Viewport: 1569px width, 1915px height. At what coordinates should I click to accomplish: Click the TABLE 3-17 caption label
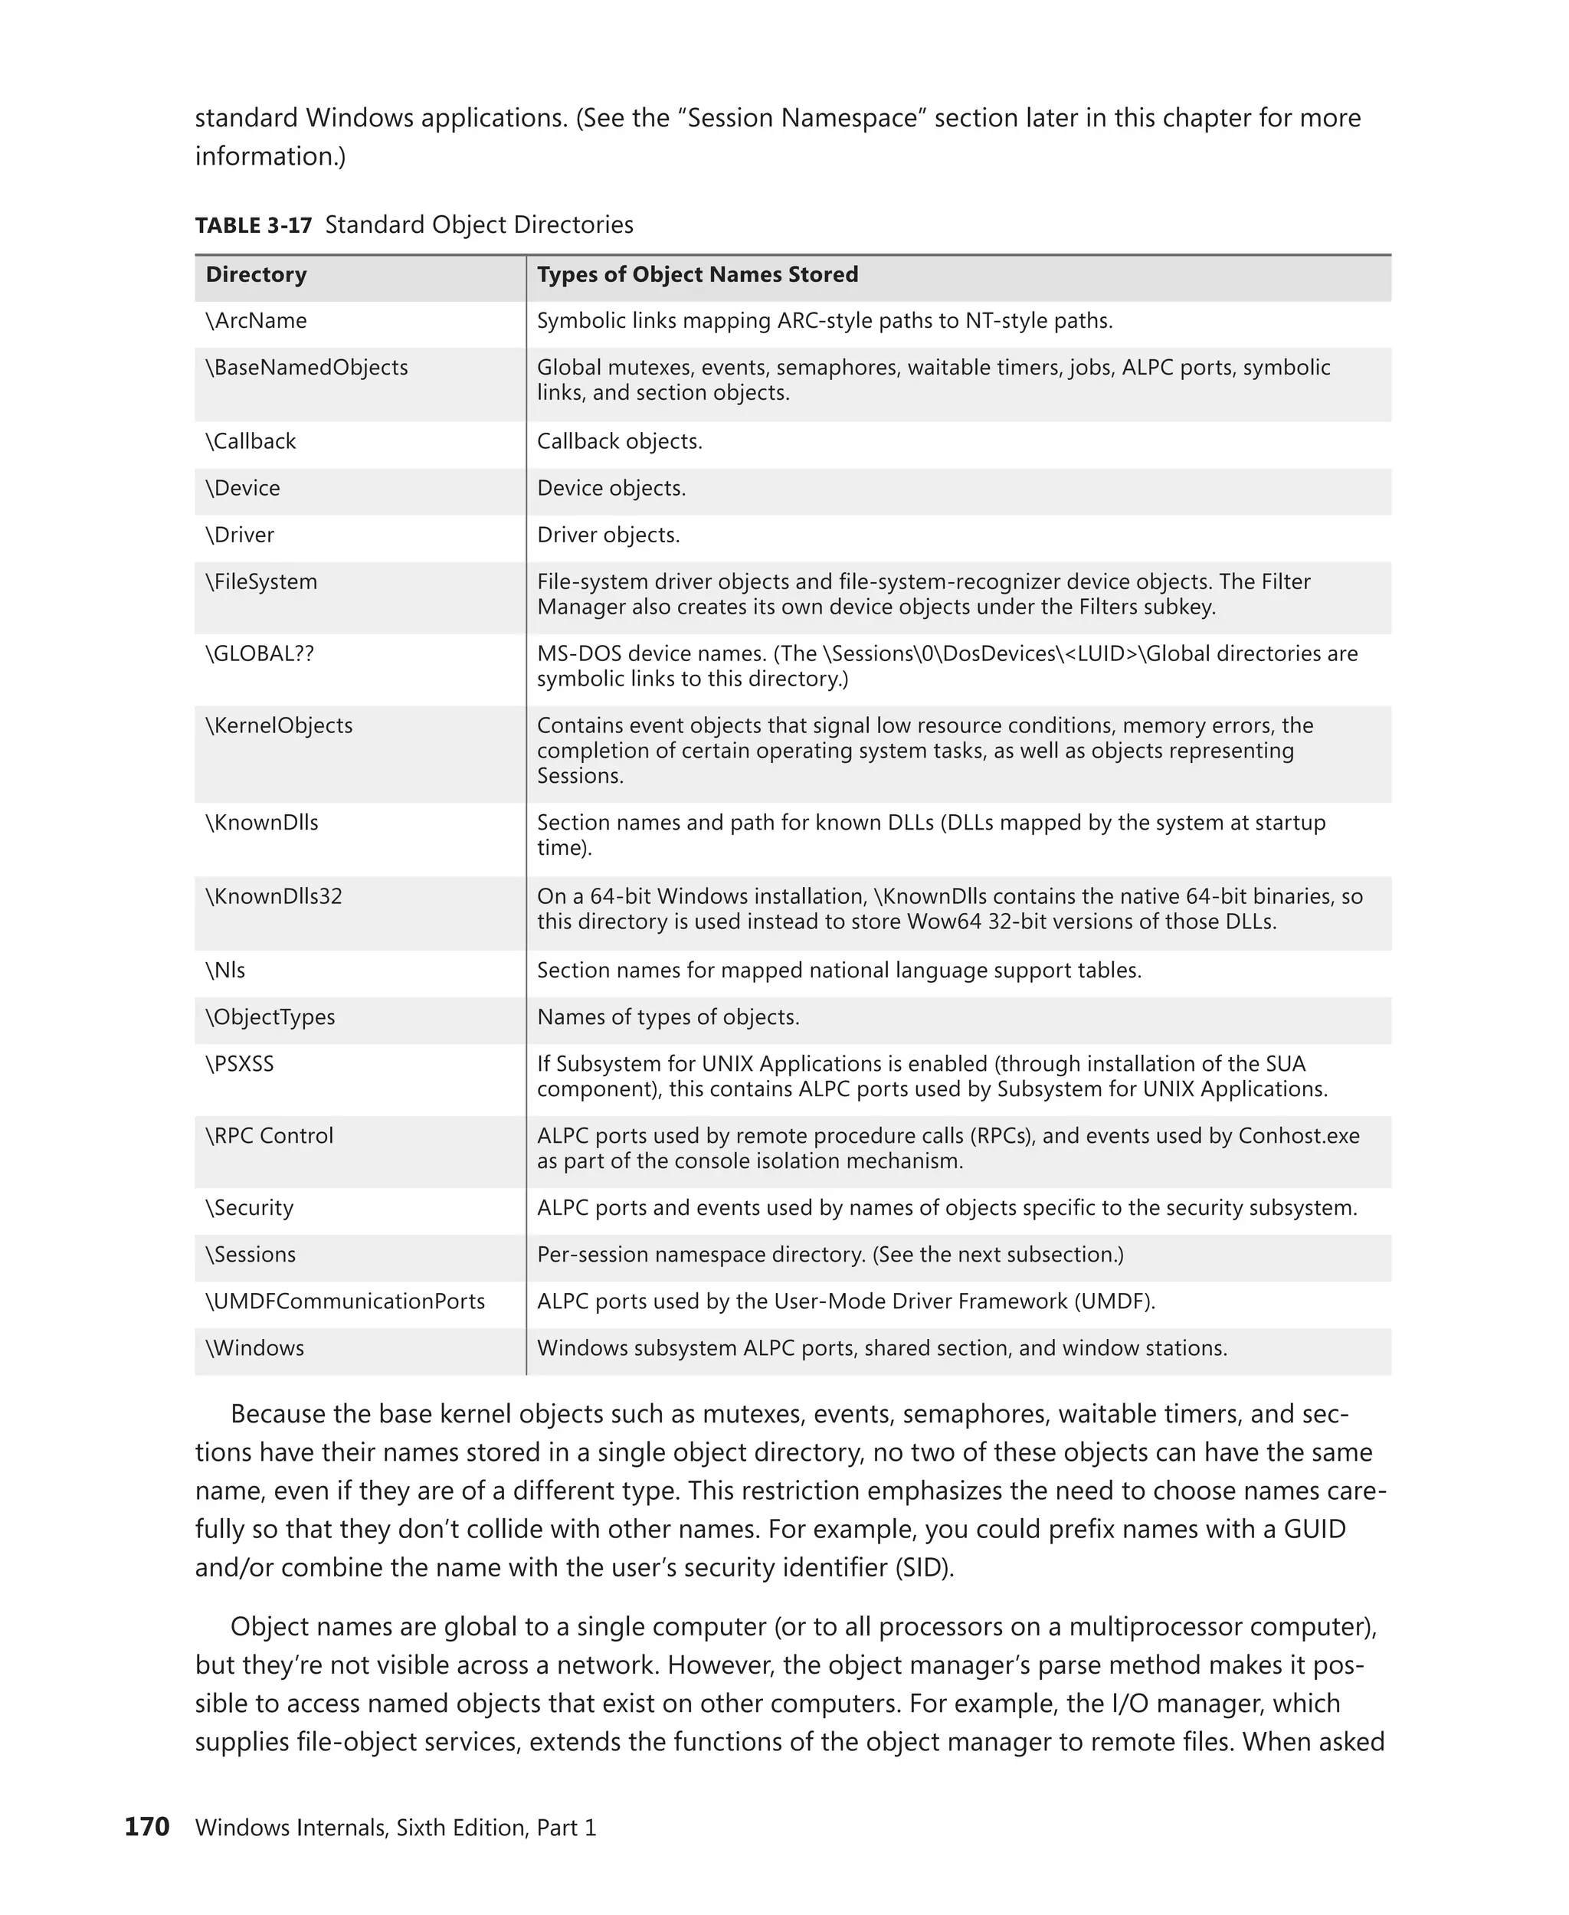[x=253, y=225]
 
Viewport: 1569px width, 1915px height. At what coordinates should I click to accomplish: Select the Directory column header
[x=256, y=275]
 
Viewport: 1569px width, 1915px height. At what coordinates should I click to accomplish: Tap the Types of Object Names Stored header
[x=697, y=275]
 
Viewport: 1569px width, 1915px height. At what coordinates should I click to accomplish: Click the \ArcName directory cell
[x=256, y=321]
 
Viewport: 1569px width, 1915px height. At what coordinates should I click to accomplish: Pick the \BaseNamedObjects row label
[x=306, y=368]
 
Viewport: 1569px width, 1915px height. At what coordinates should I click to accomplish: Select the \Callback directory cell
[x=251, y=441]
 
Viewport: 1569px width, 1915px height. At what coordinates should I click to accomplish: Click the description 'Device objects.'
[x=611, y=488]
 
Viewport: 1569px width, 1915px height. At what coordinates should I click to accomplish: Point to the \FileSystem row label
[x=261, y=582]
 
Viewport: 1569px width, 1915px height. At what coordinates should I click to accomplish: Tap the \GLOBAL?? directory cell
[x=260, y=653]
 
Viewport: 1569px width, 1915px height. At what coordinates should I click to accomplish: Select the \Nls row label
[x=225, y=971]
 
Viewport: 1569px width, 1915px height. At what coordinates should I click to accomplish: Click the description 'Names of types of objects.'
[x=668, y=1017]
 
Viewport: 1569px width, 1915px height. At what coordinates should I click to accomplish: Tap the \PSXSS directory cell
[x=240, y=1064]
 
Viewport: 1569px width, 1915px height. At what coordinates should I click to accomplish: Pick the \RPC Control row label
[x=270, y=1136]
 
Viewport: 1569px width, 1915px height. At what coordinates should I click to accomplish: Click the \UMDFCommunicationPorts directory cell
[x=346, y=1301]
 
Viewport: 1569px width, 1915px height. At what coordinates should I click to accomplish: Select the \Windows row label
[x=255, y=1348]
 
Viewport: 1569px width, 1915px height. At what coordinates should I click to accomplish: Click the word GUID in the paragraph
[x=1313, y=1529]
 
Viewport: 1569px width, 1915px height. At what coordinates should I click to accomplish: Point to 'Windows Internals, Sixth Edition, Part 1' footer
[x=396, y=1828]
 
